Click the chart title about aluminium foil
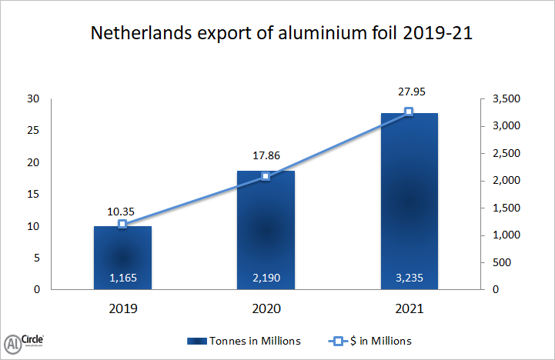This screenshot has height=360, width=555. click(x=277, y=35)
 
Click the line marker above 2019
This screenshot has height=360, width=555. click(x=122, y=224)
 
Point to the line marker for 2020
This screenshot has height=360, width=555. click(x=266, y=176)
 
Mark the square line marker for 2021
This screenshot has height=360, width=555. click(x=409, y=112)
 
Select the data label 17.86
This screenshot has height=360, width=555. click(x=266, y=155)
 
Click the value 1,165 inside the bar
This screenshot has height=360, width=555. click(x=122, y=277)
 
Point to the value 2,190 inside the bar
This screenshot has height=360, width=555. click(x=266, y=277)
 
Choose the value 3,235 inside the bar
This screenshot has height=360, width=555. click(x=409, y=277)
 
